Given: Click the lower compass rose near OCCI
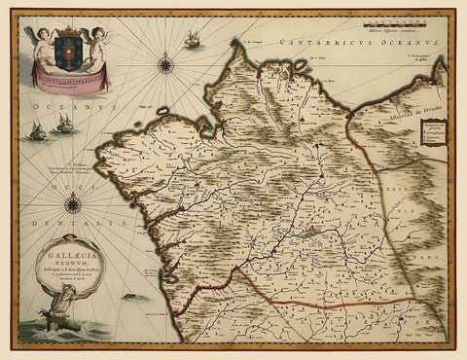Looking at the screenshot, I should [73, 203].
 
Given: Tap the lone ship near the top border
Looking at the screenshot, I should [192, 42].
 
